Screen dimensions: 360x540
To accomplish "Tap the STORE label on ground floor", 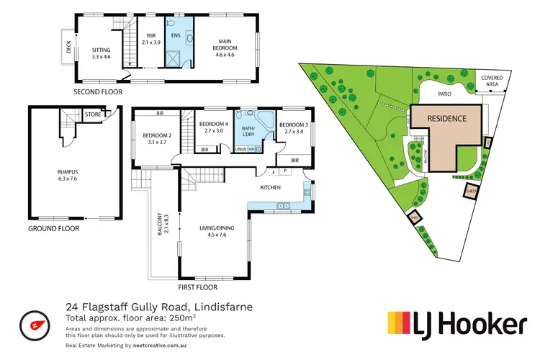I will pos(91,113).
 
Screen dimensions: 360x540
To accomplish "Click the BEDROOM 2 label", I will pos(156,138).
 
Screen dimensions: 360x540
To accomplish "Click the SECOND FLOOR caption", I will pos(98,92).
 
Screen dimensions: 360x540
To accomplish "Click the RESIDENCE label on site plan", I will pos(447,118).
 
